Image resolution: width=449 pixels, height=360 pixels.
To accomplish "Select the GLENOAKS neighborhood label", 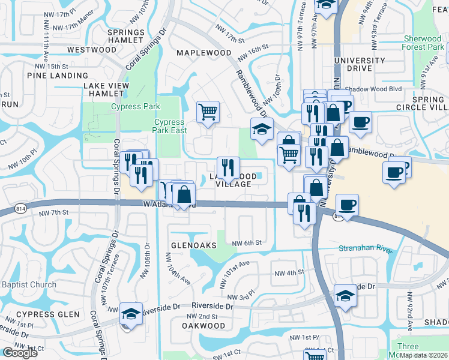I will point(193,245).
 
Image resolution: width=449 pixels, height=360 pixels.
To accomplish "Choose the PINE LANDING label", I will point(58,76).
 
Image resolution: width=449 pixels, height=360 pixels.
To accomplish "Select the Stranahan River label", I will point(365,248).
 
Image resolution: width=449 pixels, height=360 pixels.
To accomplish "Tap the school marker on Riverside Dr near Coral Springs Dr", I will point(131,314).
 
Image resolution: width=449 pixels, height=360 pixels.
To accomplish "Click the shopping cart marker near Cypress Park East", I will point(208,111).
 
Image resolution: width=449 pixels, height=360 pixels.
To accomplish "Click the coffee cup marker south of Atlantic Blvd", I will point(347,204).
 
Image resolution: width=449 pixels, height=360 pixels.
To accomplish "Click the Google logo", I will point(19,353).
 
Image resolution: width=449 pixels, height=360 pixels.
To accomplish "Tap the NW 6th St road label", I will point(247,242).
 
